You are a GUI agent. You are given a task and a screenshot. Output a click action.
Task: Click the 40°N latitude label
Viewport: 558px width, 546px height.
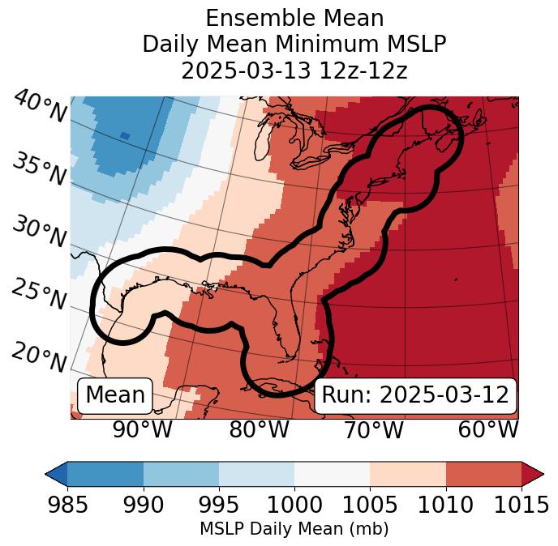(39, 107)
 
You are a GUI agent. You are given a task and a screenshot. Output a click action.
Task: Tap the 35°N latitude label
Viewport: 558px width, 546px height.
(39, 168)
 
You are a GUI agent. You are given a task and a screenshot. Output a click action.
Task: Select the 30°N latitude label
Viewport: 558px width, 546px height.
(39, 232)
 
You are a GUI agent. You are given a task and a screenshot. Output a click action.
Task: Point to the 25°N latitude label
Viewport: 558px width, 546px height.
(39, 295)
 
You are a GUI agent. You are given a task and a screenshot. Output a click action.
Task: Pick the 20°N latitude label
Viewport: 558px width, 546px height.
(39, 356)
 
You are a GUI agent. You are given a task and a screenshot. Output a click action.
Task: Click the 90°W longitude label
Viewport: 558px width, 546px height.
(142, 429)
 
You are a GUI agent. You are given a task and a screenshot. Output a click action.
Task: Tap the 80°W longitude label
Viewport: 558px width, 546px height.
(259, 429)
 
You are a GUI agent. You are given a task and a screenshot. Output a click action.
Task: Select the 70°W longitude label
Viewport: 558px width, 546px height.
(373, 429)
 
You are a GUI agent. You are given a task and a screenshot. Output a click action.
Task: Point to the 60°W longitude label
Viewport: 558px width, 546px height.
(487, 429)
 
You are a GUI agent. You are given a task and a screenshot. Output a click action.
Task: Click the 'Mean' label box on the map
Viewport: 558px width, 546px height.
(115, 395)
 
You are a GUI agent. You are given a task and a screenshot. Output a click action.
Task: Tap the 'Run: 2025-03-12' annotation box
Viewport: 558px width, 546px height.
(415, 395)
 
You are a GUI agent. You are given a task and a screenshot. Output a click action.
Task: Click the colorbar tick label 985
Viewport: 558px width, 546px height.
(67, 505)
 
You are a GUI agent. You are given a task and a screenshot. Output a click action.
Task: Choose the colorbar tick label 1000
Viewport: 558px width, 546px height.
(294, 505)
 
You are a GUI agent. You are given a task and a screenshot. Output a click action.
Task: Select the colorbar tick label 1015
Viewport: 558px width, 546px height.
(522, 505)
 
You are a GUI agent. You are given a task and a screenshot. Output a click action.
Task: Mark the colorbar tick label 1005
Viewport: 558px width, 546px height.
(370, 505)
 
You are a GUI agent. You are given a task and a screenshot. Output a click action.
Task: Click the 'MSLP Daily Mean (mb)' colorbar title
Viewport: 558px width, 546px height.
(294, 529)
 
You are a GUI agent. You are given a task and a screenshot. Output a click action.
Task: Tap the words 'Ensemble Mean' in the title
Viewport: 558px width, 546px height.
(294, 18)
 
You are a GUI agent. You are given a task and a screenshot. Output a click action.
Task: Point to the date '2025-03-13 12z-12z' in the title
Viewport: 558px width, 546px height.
(294, 70)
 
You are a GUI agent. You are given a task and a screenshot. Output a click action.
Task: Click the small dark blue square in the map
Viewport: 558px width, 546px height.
(124, 135)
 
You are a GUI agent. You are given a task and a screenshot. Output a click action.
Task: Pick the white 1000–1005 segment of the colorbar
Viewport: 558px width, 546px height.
(332, 474)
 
